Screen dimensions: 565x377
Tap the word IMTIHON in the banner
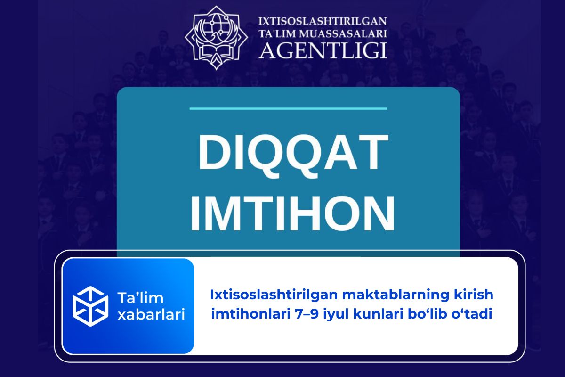[x=292, y=213]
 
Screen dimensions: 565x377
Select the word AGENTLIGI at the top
[x=323, y=51]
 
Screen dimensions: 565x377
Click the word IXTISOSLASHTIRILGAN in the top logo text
[x=323, y=21]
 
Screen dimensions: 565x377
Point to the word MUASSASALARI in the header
[x=345, y=34]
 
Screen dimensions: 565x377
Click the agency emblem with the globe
[x=216, y=38]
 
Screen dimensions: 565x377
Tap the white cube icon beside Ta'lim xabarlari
[x=90, y=306]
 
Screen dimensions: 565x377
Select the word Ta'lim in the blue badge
[x=140, y=298]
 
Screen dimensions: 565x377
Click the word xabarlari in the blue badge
[x=151, y=315]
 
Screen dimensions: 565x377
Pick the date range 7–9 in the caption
[x=307, y=314]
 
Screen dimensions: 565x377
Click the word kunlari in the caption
[x=375, y=314]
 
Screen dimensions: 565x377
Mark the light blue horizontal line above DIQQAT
[x=288, y=108]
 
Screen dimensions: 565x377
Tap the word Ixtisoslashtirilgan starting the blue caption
[x=274, y=295]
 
